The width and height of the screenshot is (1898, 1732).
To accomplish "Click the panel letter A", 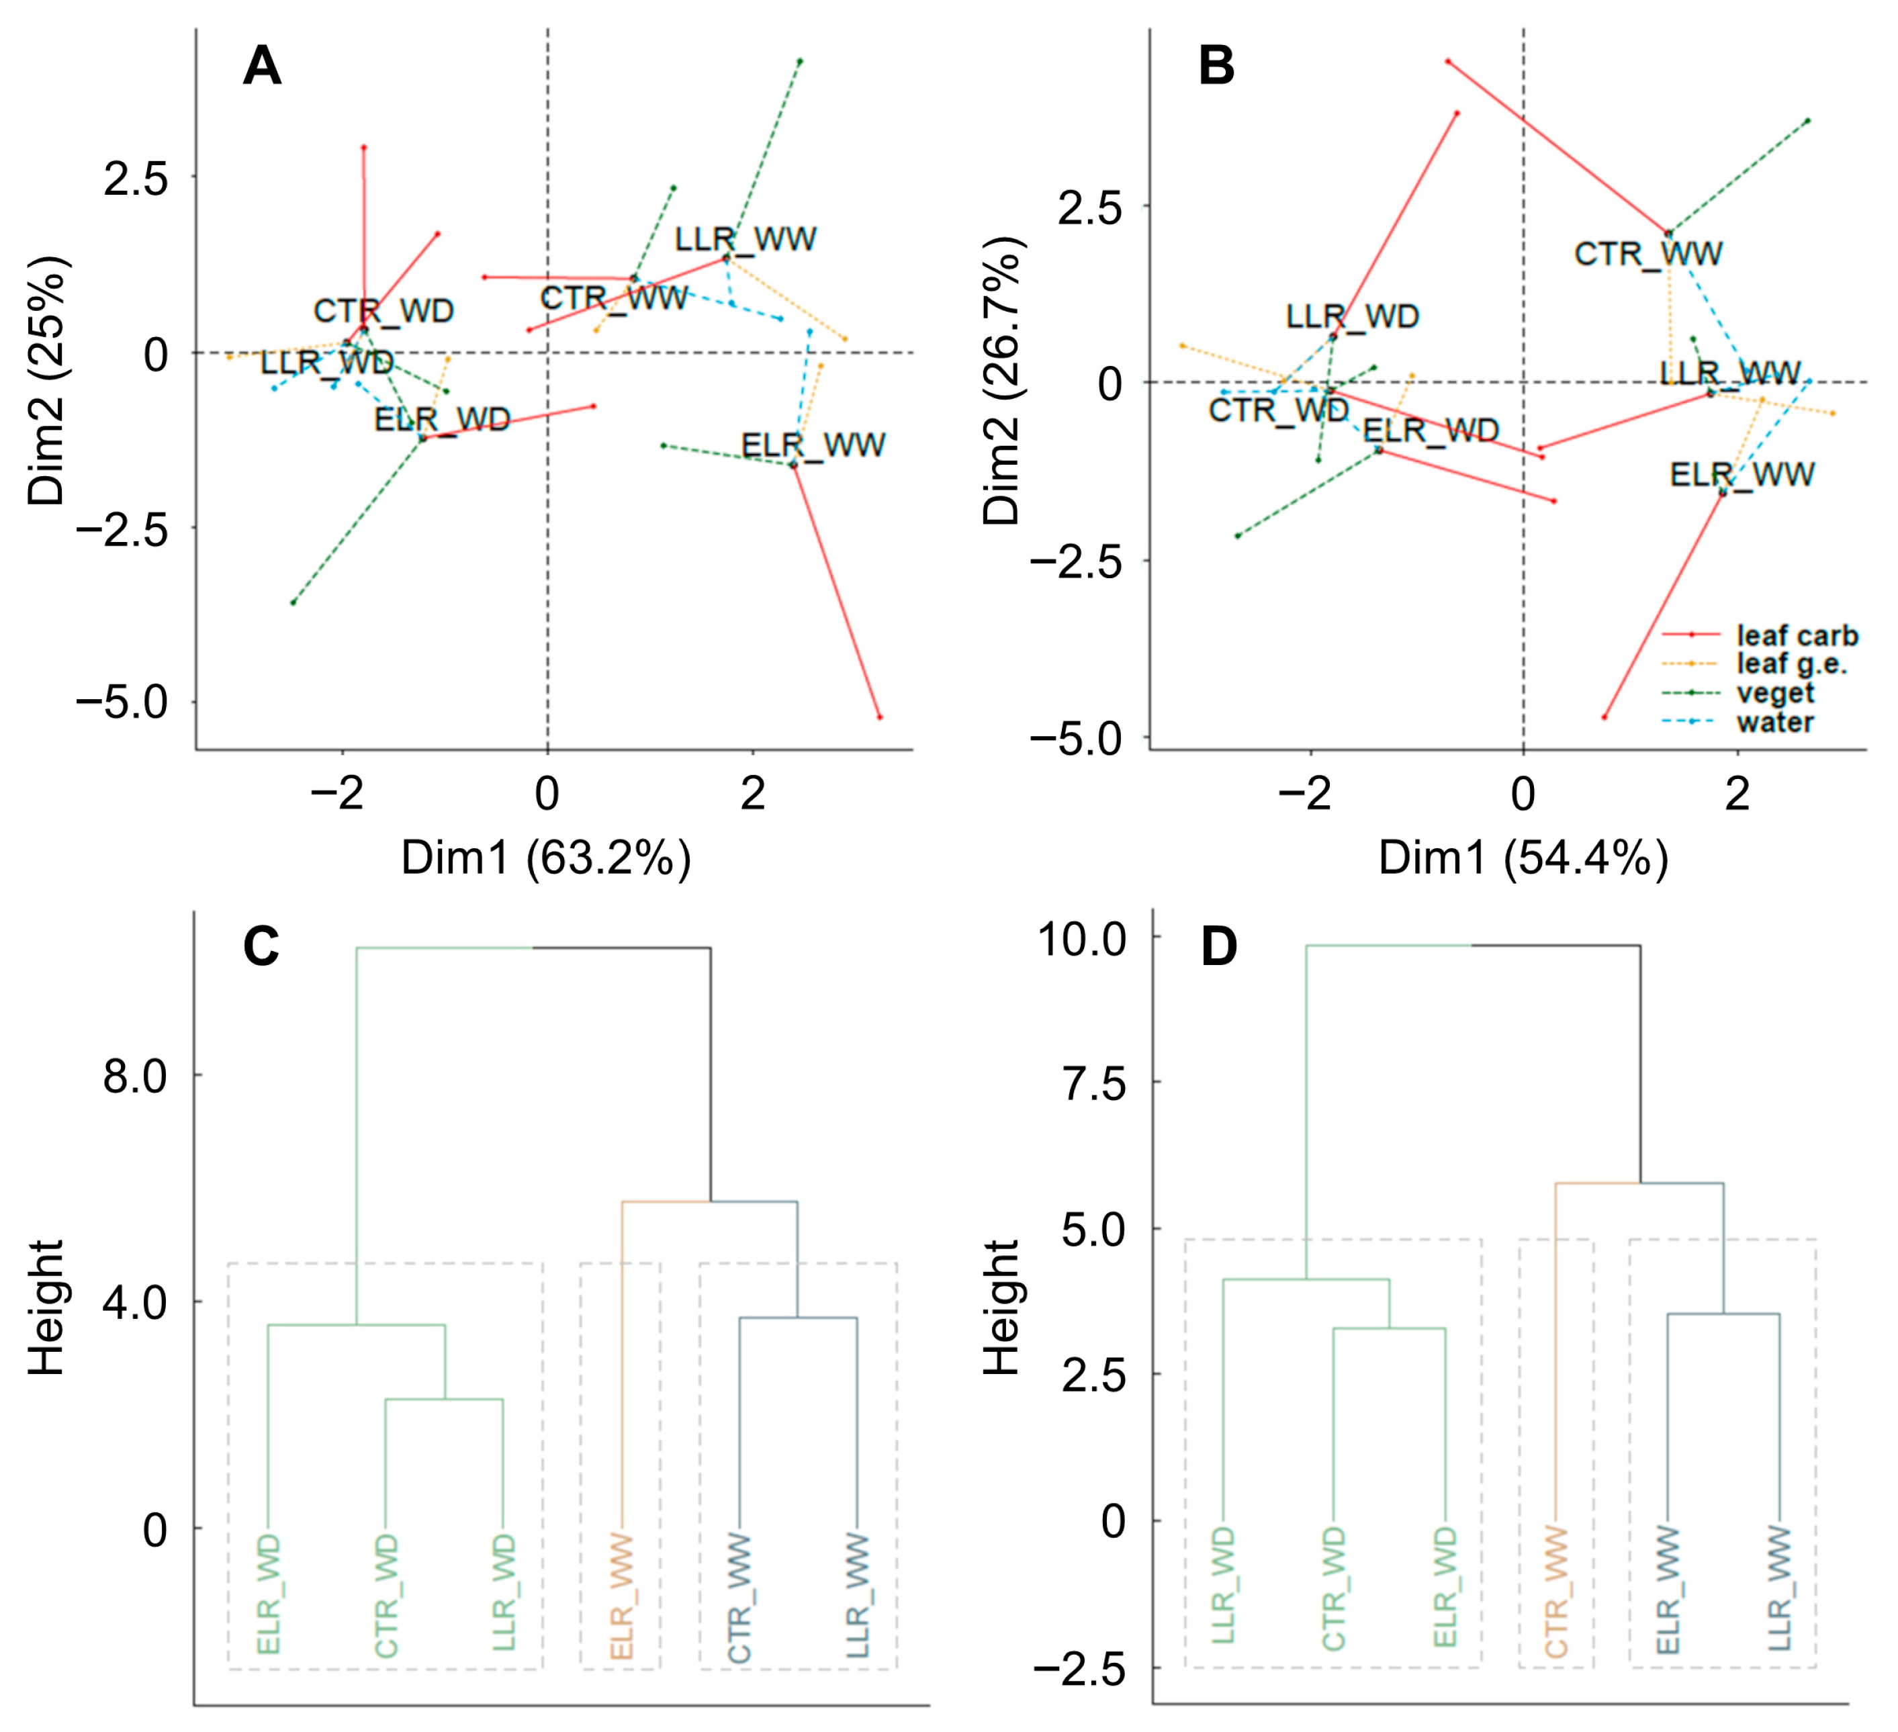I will click(262, 67).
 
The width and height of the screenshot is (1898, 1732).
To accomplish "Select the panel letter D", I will click(1219, 948).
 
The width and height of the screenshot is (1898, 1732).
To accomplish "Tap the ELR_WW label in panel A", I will click(813, 445).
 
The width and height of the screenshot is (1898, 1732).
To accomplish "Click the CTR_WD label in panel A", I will click(383, 311).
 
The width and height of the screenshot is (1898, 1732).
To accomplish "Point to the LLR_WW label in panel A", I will click(745, 239).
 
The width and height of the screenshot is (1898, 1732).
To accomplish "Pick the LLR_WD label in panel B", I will click(1353, 316).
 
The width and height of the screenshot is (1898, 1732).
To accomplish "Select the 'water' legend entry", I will click(1774, 723).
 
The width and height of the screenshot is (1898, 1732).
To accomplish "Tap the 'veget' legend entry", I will click(1774, 694).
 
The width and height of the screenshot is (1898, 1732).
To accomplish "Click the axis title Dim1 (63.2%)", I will click(546, 858).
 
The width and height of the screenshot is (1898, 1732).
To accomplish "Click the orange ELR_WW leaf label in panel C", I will click(621, 1596).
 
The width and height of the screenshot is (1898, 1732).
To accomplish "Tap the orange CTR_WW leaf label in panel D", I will click(1556, 1592).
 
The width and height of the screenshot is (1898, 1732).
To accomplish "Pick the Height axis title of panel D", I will click(1001, 1308).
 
